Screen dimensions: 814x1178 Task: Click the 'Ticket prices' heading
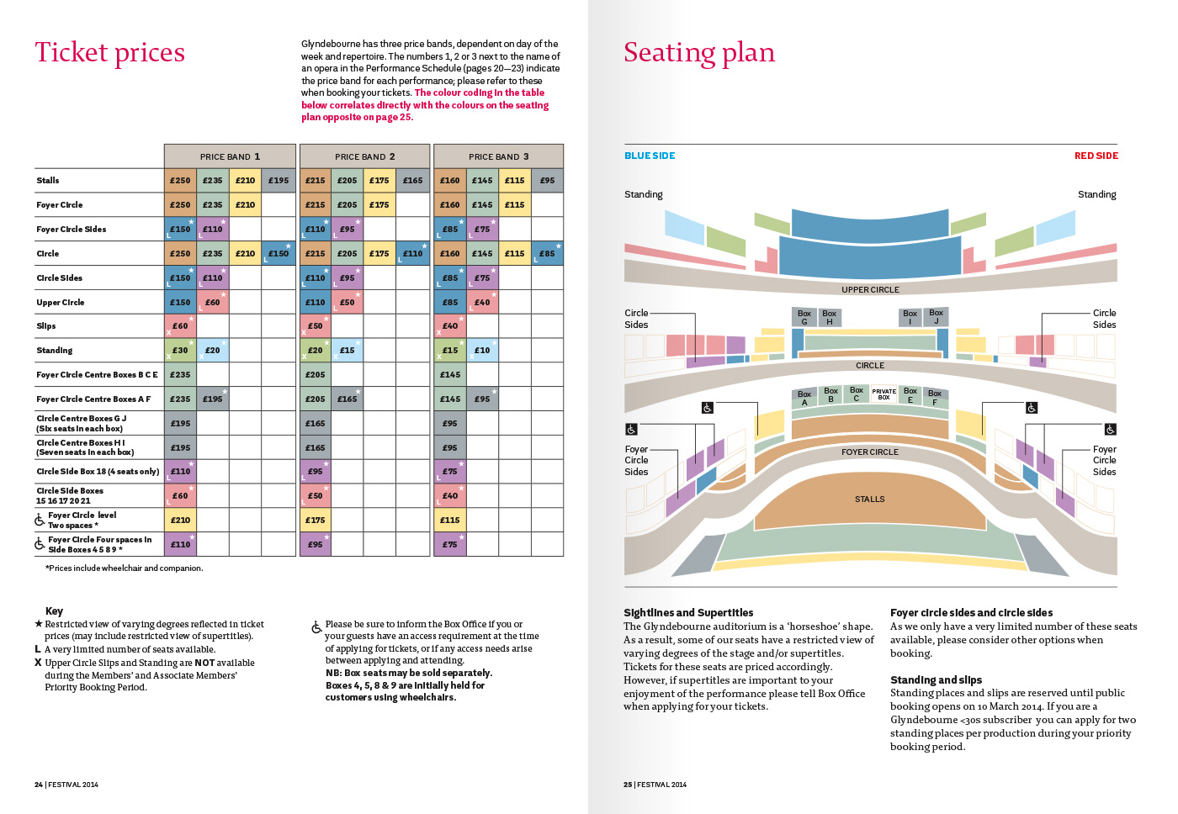(109, 53)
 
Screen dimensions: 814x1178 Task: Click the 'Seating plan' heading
(698, 53)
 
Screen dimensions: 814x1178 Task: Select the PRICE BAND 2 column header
(364, 156)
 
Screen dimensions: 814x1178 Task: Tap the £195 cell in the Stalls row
(279, 180)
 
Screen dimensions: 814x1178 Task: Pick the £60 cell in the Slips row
(180, 326)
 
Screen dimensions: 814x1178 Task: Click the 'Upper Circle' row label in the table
(61, 302)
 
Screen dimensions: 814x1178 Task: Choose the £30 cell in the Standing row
(180, 351)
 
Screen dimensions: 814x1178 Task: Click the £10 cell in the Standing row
(482, 351)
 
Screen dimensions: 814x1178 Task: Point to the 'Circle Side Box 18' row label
(97, 472)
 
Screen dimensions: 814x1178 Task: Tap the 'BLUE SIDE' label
(650, 156)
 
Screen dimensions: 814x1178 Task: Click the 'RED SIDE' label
(1096, 156)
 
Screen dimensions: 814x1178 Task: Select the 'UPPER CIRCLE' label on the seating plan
(870, 290)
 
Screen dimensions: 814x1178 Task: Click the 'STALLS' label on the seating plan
(870, 499)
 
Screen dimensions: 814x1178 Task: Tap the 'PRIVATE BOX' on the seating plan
(883, 394)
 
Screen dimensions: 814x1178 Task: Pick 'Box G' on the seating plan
(804, 317)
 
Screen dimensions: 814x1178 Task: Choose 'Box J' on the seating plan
(936, 317)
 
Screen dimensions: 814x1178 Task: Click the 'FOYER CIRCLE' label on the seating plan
(870, 452)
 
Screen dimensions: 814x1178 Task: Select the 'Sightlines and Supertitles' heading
(688, 613)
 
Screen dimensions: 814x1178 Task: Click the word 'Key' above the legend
(54, 611)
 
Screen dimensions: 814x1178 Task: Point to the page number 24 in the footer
(39, 785)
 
